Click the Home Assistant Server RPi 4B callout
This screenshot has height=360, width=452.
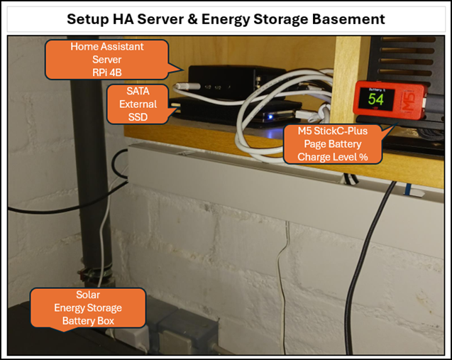106,60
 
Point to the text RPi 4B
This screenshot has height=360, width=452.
107,72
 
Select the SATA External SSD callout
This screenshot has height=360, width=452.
138,104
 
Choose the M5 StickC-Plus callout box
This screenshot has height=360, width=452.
332,144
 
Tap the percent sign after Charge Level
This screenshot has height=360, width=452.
363,157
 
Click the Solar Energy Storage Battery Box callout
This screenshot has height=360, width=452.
87,308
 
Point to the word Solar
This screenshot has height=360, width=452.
88,295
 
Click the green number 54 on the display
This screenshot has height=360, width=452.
375,99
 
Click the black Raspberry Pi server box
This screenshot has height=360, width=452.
228,79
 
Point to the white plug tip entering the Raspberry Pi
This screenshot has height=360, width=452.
179,86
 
